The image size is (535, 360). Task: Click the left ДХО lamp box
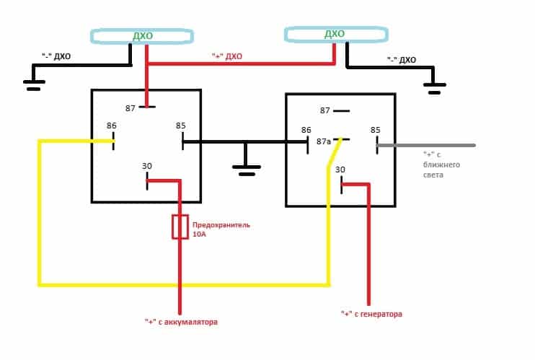click(141, 35)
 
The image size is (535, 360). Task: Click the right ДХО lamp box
click(335, 35)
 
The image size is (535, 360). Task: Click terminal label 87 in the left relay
click(130, 107)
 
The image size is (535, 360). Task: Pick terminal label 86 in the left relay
click(111, 126)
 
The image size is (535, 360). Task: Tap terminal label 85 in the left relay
click(180, 126)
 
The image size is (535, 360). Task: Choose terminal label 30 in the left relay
click(147, 166)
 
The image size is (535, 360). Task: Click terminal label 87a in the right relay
click(323, 141)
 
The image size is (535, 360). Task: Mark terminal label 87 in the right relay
click(324, 110)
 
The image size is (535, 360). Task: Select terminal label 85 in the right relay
click(375, 130)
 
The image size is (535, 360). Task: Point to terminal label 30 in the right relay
click(341, 170)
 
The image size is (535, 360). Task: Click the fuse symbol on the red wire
click(180, 227)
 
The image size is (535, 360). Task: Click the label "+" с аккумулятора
click(180, 322)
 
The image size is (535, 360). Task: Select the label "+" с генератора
click(371, 315)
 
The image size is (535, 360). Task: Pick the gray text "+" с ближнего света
click(441, 164)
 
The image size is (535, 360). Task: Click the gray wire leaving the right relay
click(433, 145)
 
